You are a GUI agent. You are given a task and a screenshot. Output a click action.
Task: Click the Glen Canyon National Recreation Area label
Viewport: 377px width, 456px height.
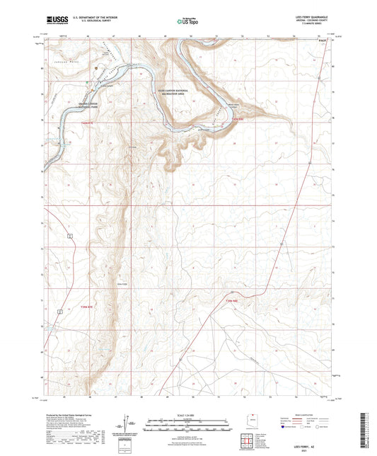tap(172, 92)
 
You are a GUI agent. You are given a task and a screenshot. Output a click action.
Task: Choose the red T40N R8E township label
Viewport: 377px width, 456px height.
tap(238, 119)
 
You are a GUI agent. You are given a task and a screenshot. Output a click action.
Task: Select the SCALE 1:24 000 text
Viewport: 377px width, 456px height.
tap(187, 414)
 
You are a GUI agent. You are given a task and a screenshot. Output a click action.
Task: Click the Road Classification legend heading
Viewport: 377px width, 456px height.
tap(303, 415)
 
